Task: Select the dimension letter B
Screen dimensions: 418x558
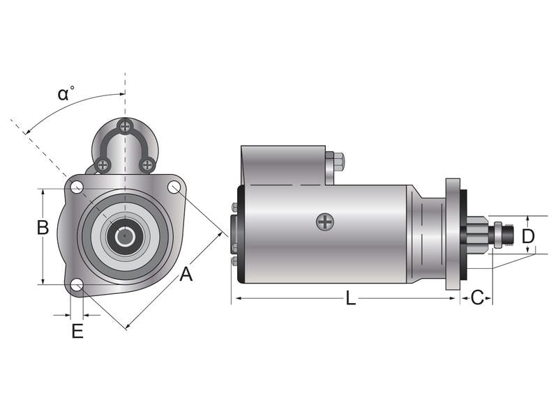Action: pos(43,227)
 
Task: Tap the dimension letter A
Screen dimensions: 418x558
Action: pos(186,274)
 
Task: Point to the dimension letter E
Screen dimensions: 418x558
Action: pos(77,331)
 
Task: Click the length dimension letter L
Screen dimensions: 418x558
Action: pos(351,298)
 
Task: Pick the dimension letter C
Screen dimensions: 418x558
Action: pos(477,298)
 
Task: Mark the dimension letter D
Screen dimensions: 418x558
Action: pos(528,236)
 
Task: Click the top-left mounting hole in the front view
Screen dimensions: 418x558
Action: pos(77,187)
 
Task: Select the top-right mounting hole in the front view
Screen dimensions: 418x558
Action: pos(174,187)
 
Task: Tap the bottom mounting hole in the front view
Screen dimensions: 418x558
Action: pos(77,285)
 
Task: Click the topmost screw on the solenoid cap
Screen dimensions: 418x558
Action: pos(125,127)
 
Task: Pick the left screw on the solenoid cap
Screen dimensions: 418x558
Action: pos(103,165)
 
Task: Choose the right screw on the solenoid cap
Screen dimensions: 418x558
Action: pos(146,165)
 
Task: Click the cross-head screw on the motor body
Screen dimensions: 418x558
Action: pos(325,222)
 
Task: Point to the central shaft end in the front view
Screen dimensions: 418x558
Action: pos(125,235)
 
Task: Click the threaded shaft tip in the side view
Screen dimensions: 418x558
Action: pos(508,235)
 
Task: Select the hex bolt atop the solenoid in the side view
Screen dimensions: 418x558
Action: pos(338,162)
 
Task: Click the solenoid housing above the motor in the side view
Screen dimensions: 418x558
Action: pos(282,164)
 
